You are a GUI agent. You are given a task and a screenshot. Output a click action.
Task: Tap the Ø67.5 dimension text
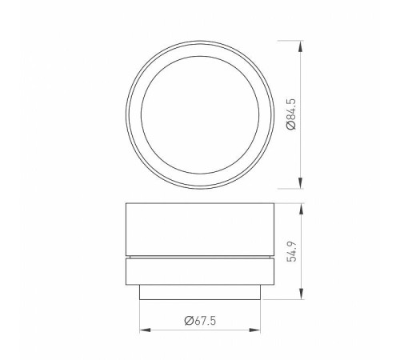tap(202, 321)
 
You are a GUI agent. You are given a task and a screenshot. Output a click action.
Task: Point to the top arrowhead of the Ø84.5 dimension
tap(301, 45)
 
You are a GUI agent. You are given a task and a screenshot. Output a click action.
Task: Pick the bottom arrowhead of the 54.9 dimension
tap(301, 295)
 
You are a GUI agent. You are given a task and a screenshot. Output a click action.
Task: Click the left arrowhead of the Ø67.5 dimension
tap(145, 329)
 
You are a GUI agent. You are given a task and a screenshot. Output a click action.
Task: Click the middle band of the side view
tap(201, 272)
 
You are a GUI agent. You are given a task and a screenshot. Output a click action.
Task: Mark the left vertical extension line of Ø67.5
tap(140, 316)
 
